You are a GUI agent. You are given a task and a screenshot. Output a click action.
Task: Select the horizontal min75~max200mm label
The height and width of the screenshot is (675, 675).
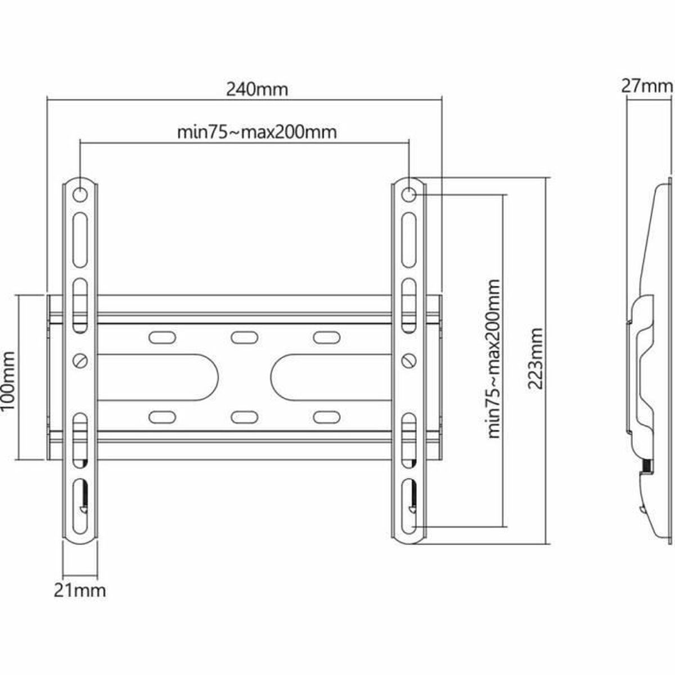click(x=257, y=132)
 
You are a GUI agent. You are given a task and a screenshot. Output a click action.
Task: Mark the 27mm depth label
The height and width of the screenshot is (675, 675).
click(x=646, y=87)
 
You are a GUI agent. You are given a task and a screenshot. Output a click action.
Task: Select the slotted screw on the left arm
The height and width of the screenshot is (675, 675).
click(x=80, y=359)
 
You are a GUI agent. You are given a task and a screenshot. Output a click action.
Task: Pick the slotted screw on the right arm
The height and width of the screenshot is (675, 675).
click(x=409, y=359)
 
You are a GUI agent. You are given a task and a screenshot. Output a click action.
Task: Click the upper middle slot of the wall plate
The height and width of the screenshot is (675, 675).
click(x=241, y=337)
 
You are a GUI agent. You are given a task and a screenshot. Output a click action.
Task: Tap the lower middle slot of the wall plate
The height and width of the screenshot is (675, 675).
click(x=241, y=416)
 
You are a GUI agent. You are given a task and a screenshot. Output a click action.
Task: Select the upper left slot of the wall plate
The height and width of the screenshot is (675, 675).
click(x=160, y=337)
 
